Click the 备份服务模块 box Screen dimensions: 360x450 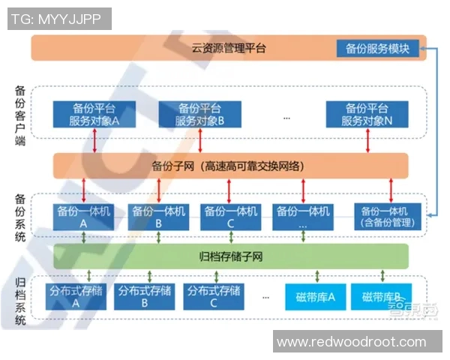[x=378, y=48]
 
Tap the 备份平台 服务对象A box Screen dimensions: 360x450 [x=94, y=114]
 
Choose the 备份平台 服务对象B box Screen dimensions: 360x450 [x=200, y=114]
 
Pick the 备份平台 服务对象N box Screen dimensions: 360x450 [x=367, y=114]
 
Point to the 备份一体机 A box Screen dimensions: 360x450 [x=84, y=217]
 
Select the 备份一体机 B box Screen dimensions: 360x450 [x=157, y=217]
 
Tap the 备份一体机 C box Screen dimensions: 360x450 [x=230, y=217]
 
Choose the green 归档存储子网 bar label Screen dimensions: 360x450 [x=230, y=257]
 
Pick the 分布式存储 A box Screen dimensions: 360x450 [x=76, y=296]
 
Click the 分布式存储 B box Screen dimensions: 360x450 [x=144, y=296]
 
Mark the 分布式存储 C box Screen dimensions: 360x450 [x=214, y=296]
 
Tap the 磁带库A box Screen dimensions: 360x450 [x=315, y=296]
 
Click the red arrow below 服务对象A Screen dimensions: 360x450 [x=95, y=140]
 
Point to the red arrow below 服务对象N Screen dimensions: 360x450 [x=367, y=140]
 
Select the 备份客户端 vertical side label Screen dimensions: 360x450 [x=20, y=114]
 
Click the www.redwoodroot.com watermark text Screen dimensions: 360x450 [x=351, y=342]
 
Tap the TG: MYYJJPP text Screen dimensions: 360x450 [x=56, y=19]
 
